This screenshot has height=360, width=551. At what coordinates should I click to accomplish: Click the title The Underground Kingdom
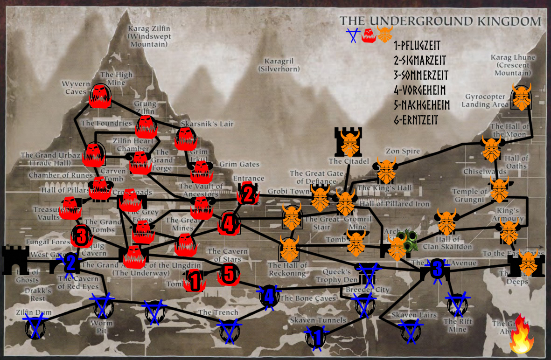pos(440,21)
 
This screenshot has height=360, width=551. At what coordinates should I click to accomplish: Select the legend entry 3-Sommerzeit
pos(421,75)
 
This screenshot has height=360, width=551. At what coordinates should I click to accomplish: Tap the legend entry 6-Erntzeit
pos(416,120)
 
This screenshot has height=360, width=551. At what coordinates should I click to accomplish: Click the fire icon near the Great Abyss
pos(521,335)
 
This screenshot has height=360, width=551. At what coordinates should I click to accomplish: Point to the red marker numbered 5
pos(228,275)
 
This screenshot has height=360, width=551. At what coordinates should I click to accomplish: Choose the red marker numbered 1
pos(195,281)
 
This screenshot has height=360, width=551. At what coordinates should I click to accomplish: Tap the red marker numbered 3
pos(81,235)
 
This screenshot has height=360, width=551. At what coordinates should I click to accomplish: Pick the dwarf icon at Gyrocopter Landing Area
pos(522,97)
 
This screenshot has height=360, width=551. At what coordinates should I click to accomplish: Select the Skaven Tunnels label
pos(318,320)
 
